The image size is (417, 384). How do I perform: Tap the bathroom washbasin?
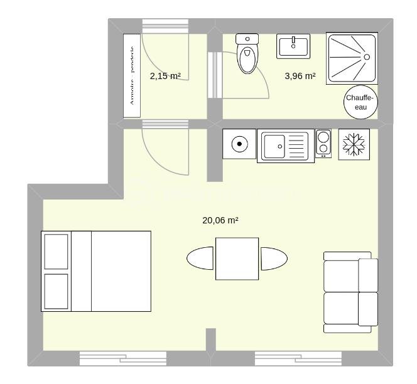click(293, 46)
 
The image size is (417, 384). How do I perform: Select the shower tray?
click(352, 58)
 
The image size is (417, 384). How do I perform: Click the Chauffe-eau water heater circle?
click(360, 102)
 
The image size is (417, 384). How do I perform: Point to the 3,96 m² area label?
click(300, 77)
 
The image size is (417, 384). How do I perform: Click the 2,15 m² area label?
click(165, 76)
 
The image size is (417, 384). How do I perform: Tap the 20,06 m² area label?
click(220, 220)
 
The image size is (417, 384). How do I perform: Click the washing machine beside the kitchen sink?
click(239, 145)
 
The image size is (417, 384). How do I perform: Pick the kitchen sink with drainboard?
click(285, 146)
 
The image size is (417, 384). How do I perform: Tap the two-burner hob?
click(323, 144)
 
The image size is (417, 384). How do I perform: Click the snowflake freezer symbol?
click(354, 144)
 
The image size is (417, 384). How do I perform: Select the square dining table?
click(237, 259)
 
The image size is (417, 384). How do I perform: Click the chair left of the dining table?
click(201, 259)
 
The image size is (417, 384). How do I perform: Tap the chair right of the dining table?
click(274, 259)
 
